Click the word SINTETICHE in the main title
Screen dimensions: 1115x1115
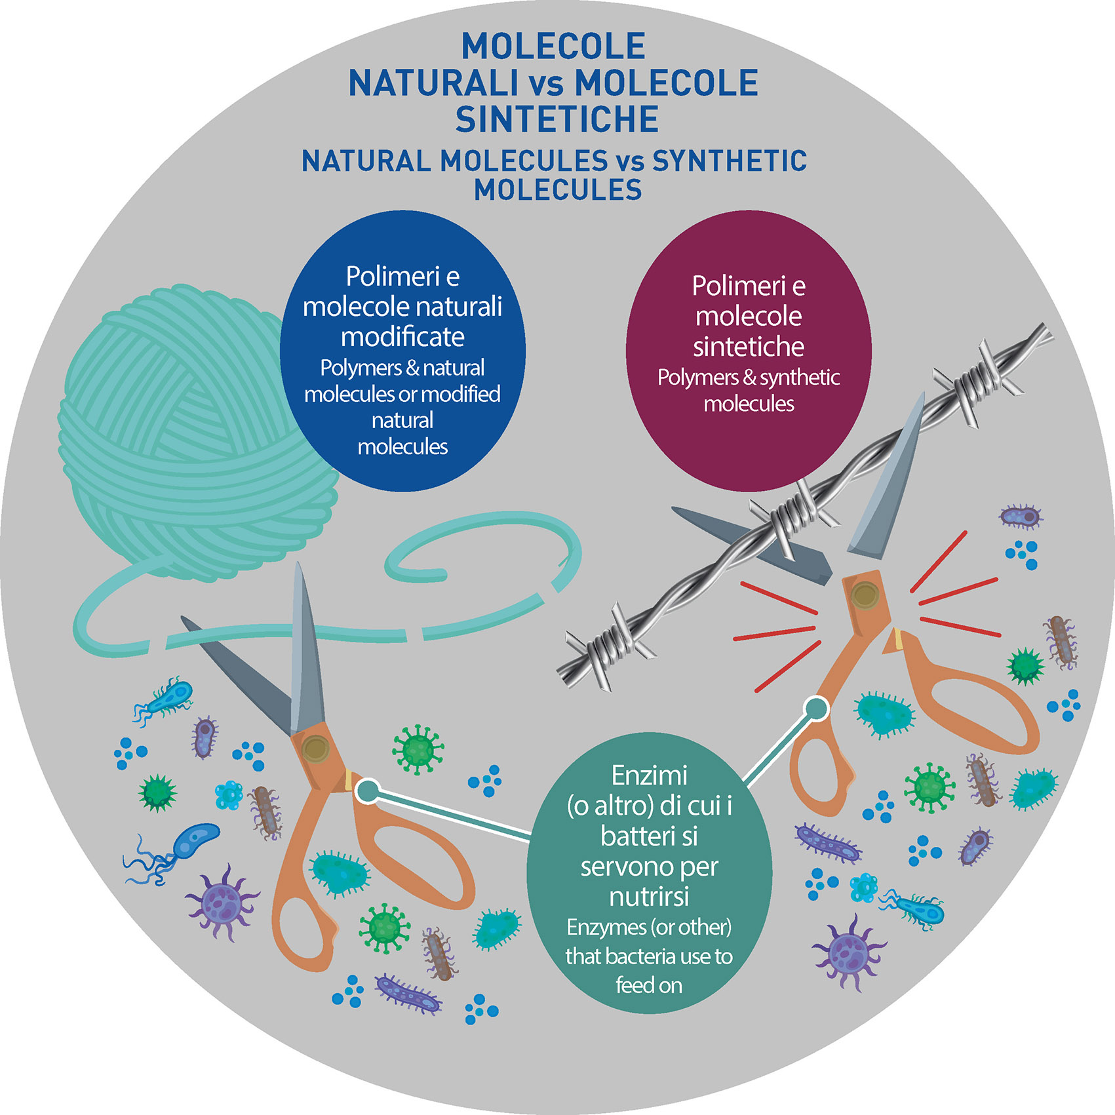tap(557, 119)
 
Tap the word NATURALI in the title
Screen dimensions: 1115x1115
tap(433, 83)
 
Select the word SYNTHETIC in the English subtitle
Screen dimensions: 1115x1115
tap(730, 161)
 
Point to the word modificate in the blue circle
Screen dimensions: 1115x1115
tap(402, 337)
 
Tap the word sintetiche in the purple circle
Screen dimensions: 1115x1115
tap(749, 347)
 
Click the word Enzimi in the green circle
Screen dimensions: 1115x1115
tap(649, 775)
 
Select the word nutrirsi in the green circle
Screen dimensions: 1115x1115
tap(649, 896)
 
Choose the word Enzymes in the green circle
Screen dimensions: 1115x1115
tap(606, 927)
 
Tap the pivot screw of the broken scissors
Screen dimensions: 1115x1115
tap(865, 595)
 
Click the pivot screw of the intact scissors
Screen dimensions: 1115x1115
tap(316, 748)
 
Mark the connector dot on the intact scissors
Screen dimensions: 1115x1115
tap(368, 791)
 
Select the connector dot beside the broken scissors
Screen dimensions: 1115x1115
tap(816, 709)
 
